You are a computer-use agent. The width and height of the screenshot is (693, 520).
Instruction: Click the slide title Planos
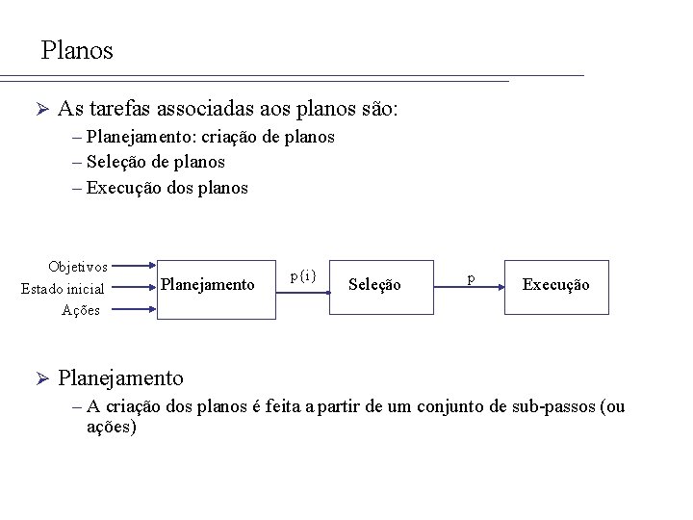(x=77, y=50)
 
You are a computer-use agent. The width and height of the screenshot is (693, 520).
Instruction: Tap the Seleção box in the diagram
(x=374, y=286)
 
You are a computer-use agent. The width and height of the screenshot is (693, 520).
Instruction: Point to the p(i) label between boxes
(x=303, y=275)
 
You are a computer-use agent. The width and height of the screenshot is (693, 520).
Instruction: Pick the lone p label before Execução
(x=470, y=277)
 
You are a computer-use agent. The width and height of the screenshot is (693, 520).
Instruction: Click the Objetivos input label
(x=77, y=266)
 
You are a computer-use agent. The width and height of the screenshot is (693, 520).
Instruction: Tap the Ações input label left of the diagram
(x=81, y=309)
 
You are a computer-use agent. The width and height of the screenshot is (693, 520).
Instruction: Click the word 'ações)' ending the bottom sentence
(x=112, y=426)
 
